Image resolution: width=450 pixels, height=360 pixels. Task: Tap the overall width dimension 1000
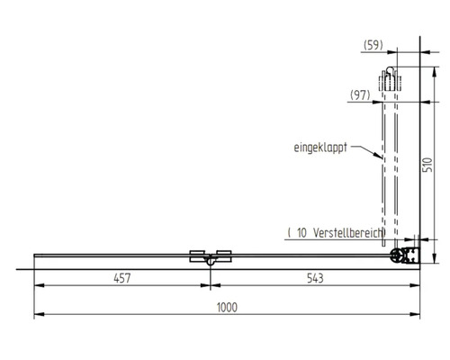pyautogui.click(x=226, y=307)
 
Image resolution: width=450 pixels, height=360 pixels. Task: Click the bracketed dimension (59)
pyautogui.click(x=374, y=44)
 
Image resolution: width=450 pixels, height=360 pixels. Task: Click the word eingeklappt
pyautogui.click(x=319, y=145)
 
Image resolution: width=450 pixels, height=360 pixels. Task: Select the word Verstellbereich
pyautogui.click(x=346, y=232)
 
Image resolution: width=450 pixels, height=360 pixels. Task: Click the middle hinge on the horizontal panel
pyautogui.click(x=210, y=259)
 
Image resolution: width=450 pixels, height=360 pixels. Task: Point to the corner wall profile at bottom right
pyautogui.click(x=405, y=256)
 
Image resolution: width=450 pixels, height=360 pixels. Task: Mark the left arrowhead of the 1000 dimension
pyautogui.click(x=38, y=316)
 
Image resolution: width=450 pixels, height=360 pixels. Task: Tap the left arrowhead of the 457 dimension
pyautogui.click(x=38, y=288)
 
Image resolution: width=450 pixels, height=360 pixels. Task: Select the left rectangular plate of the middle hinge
pyautogui.click(x=198, y=255)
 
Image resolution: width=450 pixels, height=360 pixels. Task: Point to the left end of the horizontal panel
pyautogui.click(x=35, y=256)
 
